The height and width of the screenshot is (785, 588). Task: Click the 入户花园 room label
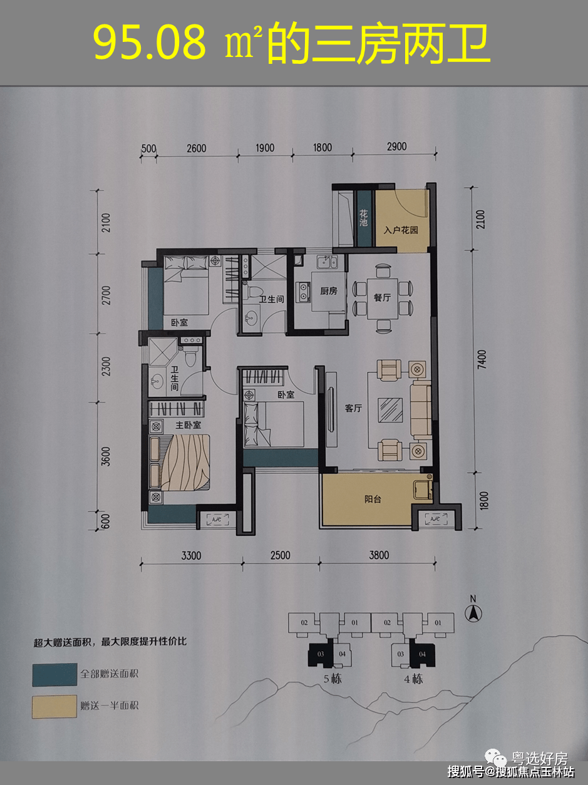coord(401,230)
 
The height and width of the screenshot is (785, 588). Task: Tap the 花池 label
coord(364,218)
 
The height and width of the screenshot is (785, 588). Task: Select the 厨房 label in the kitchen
coord(329,291)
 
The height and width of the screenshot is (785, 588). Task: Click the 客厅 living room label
coord(354,408)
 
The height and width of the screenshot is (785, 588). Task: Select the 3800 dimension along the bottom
coord(378,555)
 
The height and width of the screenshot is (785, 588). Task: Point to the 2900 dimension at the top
coord(396,146)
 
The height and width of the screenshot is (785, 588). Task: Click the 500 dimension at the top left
coord(148,148)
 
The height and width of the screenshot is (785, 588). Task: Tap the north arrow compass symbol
coord(474,612)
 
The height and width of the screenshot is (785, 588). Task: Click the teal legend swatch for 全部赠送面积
coord(54,674)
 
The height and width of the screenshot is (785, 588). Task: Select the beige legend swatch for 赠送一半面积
coord(54,705)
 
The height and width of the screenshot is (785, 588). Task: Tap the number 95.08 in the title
coord(149,43)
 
